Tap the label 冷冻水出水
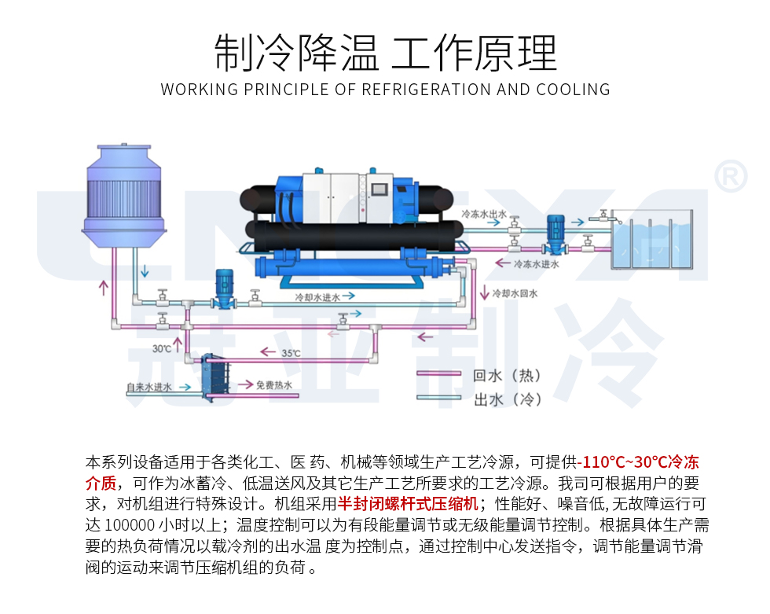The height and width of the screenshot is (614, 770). (484, 213)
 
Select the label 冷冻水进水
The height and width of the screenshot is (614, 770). (537, 264)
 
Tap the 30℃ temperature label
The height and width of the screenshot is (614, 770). (162, 347)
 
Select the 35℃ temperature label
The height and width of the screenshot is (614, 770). (291, 353)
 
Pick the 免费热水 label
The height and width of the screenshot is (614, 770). (274, 385)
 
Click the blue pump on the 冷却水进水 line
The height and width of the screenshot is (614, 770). (224, 287)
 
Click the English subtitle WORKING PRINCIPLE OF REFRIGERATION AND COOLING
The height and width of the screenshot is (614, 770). (385, 90)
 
